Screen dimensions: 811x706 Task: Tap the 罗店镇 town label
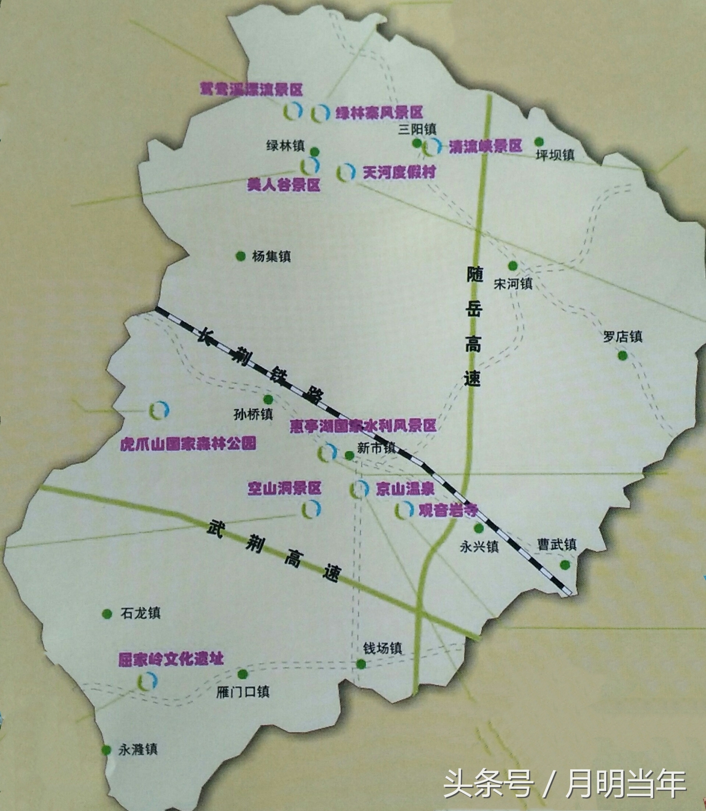click(x=622, y=336)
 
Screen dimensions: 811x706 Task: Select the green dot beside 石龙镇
click(x=107, y=614)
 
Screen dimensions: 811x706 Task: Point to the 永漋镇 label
click(x=138, y=749)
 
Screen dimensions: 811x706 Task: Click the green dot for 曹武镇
click(x=565, y=565)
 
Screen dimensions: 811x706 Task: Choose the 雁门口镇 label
click(x=243, y=692)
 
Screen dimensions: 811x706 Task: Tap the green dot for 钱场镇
click(x=361, y=664)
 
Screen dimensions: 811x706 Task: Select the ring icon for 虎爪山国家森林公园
click(x=159, y=410)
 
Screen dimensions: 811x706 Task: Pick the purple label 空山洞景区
click(x=284, y=488)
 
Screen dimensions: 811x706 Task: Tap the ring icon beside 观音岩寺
click(x=404, y=510)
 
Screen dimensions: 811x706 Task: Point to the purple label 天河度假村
click(x=399, y=172)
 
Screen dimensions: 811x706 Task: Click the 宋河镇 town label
click(x=513, y=283)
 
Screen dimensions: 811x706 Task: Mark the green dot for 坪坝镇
click(x=539, y=142)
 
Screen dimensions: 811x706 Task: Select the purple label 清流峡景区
click(x=485, y=146)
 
